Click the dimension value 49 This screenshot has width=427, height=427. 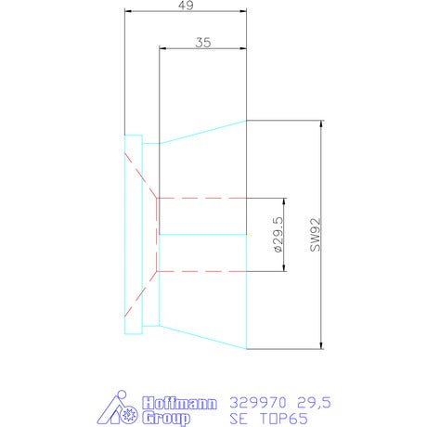(187, 6)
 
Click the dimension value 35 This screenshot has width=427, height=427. (203, 43)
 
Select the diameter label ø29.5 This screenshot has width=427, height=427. (278, 234)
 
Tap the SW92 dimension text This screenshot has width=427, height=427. (316, 235)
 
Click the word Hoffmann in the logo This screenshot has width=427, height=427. (179, 404)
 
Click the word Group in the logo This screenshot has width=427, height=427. (166, 419)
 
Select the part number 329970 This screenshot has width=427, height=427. (258, 403)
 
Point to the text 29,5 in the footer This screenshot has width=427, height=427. (314, 403)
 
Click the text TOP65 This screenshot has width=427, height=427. (284, 419)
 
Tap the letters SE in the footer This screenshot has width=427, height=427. (239, 419)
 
